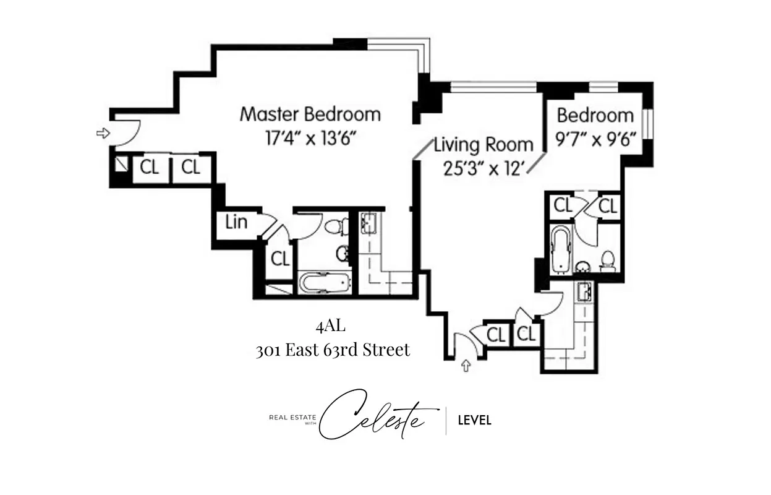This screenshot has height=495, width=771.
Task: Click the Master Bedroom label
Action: [x=310, y=114]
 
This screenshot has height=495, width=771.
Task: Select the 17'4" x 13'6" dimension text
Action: [x=310, y=137]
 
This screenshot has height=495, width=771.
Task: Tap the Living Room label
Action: [x=483, y=145]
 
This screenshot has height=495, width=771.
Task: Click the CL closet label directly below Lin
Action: [x=280, y=259]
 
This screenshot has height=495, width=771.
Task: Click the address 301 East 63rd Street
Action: [x=333, y=350]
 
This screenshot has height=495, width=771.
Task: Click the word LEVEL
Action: [x=474, y=421]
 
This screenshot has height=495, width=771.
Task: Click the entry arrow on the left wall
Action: [x=103, y=132]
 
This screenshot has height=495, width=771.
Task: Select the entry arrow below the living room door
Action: [x=466, y=366]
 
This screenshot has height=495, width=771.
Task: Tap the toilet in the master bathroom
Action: [x=336, y=226]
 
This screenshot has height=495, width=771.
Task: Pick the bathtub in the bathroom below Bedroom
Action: [x=561, y=249]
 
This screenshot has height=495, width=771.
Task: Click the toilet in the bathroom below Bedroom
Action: [x=608, y=261]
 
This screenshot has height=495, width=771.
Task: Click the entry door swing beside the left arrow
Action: [x=127, y=131]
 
